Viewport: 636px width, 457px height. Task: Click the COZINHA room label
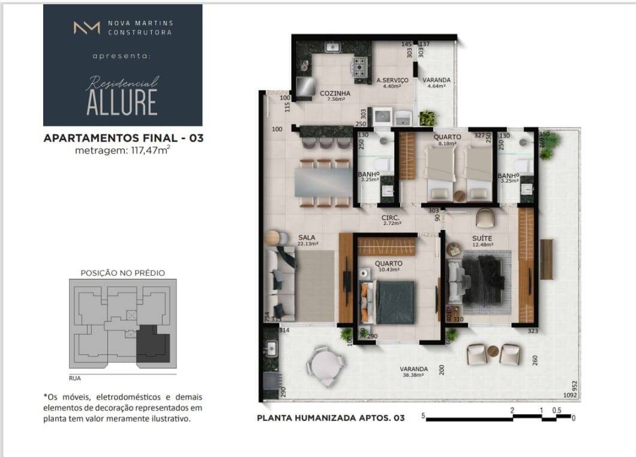click(335, 94)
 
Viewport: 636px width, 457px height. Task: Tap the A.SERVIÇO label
click(392, 80)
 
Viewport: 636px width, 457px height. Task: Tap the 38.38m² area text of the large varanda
click(414, 375)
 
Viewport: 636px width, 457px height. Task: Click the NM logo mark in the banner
click(86, 28)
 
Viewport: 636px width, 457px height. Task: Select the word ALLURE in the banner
click(122, 102)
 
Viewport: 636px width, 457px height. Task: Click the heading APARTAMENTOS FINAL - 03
click(124, 138)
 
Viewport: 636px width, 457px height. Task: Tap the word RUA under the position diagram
click(75, 378)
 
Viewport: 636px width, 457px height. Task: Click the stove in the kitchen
click(360, 68)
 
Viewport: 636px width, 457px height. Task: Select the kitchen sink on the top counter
click(332, 47)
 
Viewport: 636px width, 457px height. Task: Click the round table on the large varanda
click(324, 362)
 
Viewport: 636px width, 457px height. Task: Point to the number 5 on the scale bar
click(423, 415)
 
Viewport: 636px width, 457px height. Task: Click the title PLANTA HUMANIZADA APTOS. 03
click(331, 418)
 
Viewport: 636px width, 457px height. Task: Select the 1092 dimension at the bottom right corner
click(569, 395)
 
